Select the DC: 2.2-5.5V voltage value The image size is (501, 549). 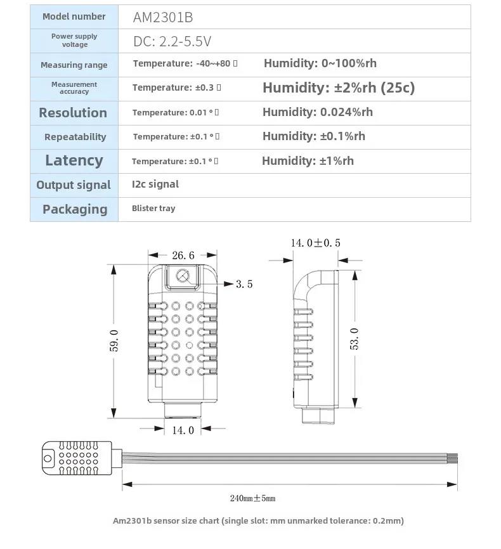[172, 42]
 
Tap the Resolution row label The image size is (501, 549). [73, 113]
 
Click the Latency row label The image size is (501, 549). [74, 160]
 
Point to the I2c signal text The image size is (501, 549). [155, 184]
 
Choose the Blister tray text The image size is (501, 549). [153, 208]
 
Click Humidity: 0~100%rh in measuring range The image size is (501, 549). [320, 63]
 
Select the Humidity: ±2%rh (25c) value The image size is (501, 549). [339, 87]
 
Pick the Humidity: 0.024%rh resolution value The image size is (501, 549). [318, 112]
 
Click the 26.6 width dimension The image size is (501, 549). [183, 255]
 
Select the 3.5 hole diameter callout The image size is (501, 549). [244, 284]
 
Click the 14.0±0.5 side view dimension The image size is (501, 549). [315, 243]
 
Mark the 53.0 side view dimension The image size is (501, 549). [355, 339]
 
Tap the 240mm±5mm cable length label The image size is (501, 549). [252, 498]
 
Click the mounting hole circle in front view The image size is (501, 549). [183, 276]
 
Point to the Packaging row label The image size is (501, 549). [75, 209]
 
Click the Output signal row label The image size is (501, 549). [74, 185]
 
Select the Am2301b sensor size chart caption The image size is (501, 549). [257, 521]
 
